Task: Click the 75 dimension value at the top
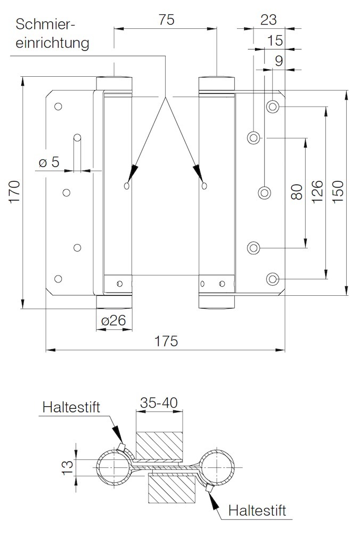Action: [166, 20]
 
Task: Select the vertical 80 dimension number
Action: [297, 191]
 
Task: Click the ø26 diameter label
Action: [113, 321]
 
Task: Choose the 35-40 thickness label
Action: [159, 403]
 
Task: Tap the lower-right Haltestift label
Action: [257, 510]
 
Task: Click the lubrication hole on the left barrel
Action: [126, 185]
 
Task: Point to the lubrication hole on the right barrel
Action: [204, 185]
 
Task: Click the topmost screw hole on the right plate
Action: [273, 106]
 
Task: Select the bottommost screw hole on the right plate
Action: [273, 279]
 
